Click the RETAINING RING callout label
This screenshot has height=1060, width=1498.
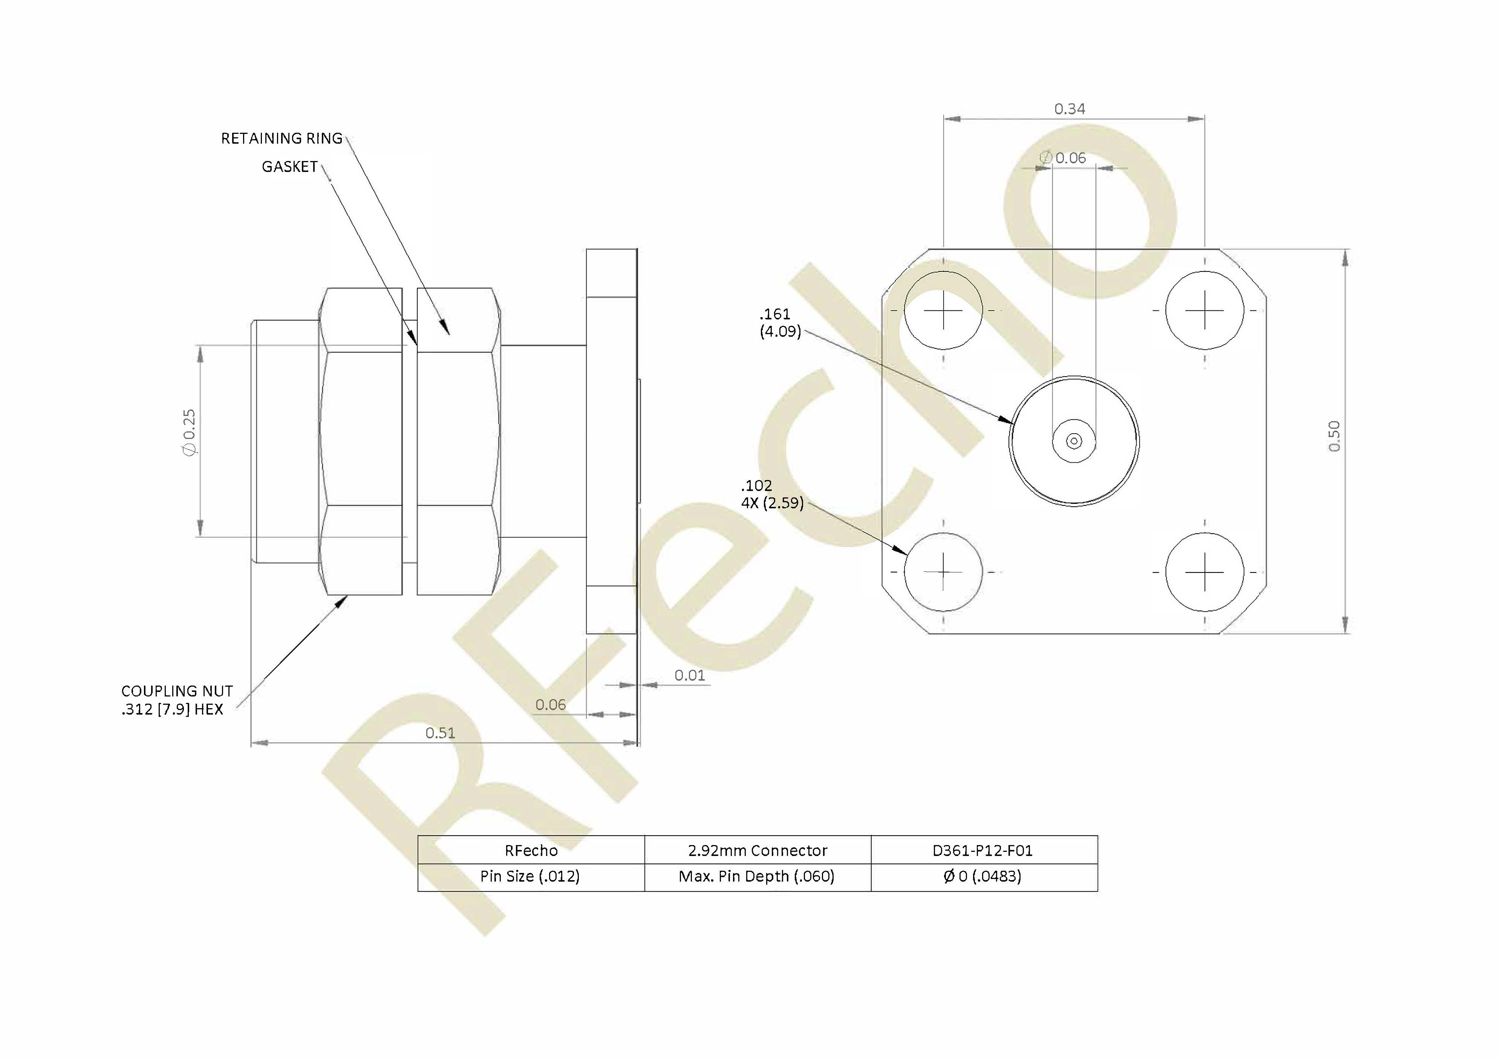tap(282, 138)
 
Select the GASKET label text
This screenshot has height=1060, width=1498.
tap(290, 167)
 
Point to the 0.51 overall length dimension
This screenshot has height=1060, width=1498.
tap(441, 733)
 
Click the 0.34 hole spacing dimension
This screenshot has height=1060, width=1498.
tap(1070, 109)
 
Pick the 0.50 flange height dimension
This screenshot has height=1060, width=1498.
tap(1334, 436)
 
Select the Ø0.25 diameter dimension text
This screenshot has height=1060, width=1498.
tap(189, 433)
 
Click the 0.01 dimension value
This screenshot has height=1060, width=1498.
tap(690, 675)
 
